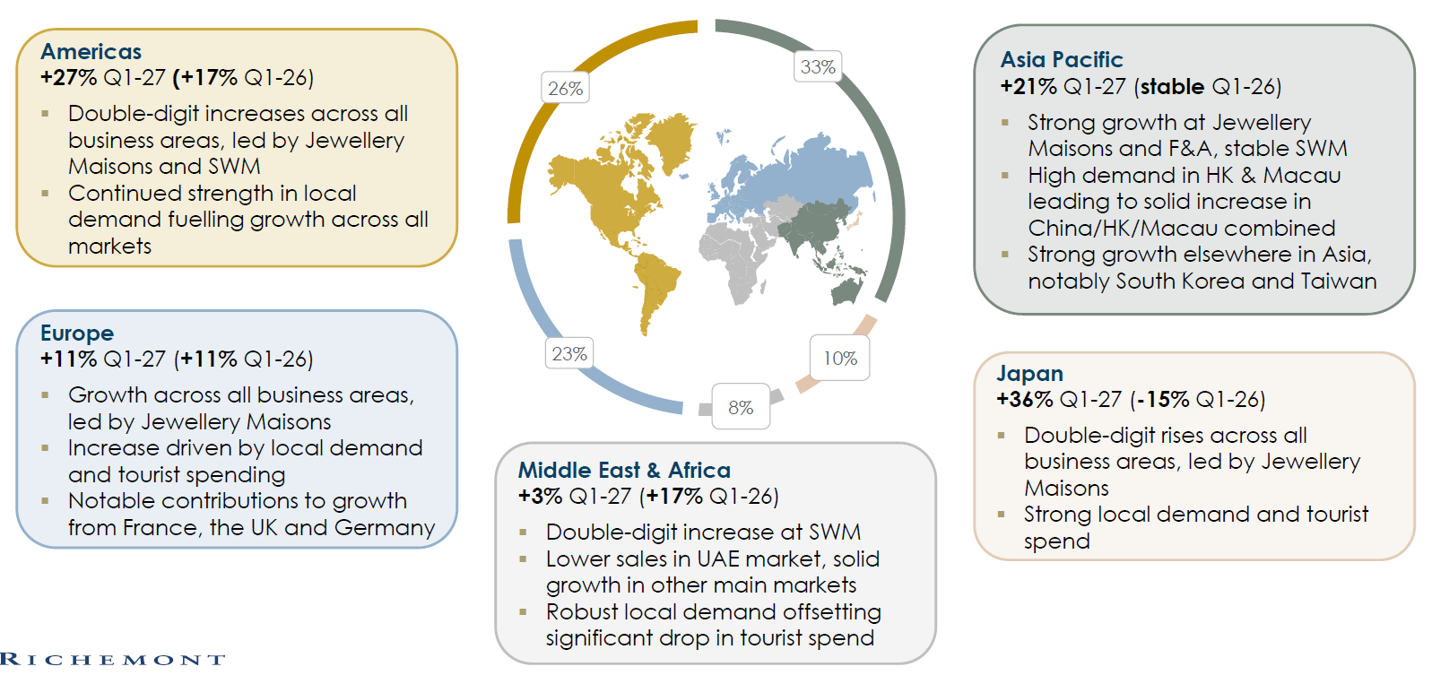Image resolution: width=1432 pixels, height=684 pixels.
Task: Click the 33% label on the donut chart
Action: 818,66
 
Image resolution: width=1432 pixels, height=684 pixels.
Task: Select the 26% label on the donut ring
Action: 565,88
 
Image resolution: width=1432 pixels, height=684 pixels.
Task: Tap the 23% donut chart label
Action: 569,353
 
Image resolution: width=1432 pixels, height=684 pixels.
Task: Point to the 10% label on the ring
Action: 839,358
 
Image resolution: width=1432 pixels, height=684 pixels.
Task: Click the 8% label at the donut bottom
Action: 741,407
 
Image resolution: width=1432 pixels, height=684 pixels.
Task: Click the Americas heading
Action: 91,51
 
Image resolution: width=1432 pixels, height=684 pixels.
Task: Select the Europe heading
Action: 77,333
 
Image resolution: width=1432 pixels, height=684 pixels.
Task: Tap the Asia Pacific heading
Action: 1061,59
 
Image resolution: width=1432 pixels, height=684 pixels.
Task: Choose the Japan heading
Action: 1029,373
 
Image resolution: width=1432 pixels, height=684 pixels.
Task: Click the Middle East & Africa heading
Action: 624,470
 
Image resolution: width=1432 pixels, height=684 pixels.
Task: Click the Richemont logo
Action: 112,659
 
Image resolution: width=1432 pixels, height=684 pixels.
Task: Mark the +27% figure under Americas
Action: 68,77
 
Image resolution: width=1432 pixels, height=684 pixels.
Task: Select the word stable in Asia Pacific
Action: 1172,86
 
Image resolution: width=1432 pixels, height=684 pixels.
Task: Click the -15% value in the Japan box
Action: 1163,400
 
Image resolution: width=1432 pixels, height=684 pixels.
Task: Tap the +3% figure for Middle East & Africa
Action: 540,496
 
